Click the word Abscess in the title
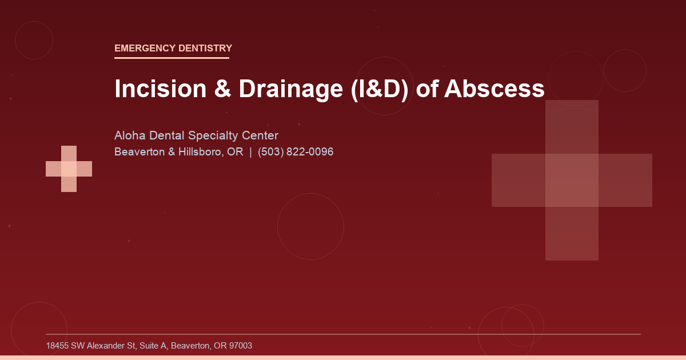tap(494, 89)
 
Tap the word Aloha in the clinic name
tap(130, 136)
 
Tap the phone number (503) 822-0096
tap(296, 153)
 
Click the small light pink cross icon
tap(69, 169)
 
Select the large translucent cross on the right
tap(572, 180)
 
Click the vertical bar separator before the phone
tap(250, 153)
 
